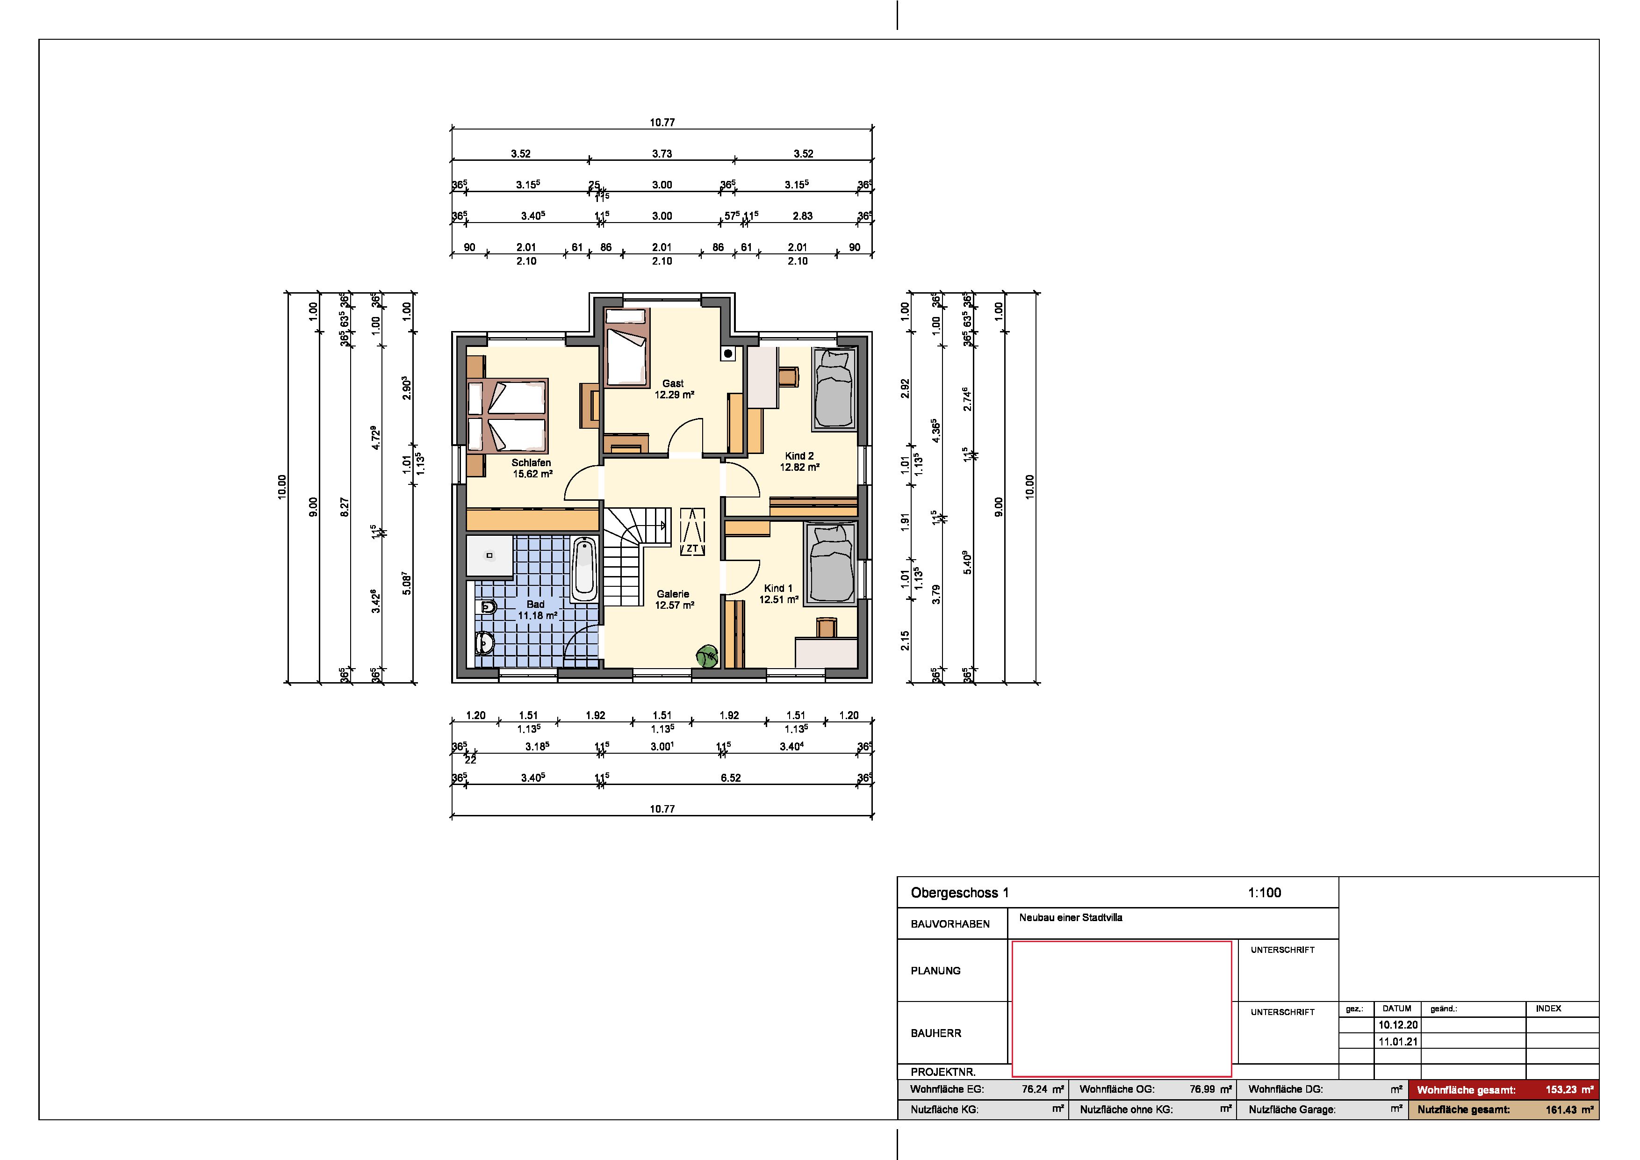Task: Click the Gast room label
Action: coord(673,383)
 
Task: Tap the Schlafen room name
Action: coord(532,463)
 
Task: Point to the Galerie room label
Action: coord(673,594)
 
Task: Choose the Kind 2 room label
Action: coord(799,456)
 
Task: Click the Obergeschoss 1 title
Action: coord(959,893)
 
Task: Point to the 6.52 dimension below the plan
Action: coord(731,778)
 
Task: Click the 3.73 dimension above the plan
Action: coord(662,153)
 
